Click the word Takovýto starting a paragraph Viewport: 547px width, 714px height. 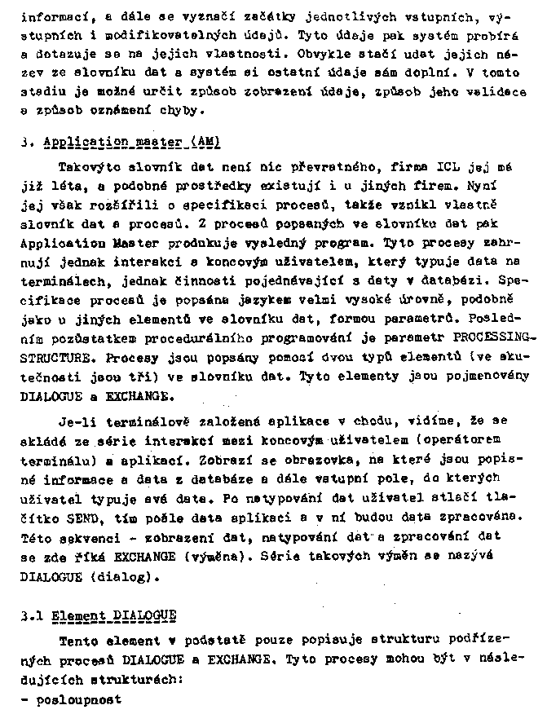[90, 168]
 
